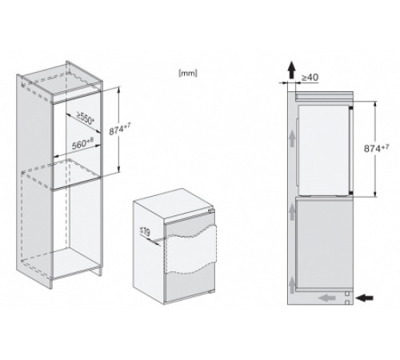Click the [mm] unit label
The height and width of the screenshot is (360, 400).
tap(188, 73)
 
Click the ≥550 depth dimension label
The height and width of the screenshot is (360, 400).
tap(85, 118)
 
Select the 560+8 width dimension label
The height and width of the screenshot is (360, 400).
tap(83, 144)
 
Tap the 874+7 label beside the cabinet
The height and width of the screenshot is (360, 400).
tap(120, 130)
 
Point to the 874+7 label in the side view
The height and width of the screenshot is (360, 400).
tap(377, 148)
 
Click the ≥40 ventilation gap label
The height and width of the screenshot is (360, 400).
tap(310, 78)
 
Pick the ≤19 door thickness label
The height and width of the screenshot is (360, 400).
tap(145, 231)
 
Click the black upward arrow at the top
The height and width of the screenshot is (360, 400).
tap(291, 70)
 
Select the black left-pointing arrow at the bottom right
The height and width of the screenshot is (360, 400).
tap(365, 298)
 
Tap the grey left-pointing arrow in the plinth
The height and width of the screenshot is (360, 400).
tap(327, 298)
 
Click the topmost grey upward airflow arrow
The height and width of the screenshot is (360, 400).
tap(292, 138)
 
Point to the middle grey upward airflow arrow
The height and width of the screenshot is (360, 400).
tap(292, 212)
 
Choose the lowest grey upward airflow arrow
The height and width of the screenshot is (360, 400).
tap(292, 285)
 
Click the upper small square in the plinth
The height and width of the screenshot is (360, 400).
tap(347, 294)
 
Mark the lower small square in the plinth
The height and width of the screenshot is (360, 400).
tap(347, 302)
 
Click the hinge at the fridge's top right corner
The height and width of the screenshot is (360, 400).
tap(212, 211)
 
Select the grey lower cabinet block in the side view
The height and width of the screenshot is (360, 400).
tap(324, 243)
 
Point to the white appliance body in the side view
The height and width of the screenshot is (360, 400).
tap(323, 150)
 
